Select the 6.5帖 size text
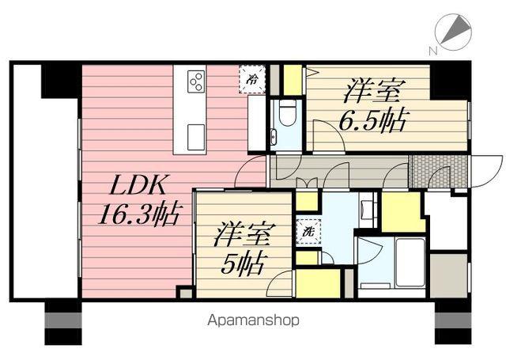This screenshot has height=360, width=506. click(375, 121)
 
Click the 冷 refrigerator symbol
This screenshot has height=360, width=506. click(252, 79)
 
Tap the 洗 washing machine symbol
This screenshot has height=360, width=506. click(306, 232)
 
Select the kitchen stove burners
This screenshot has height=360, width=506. click(196, 80)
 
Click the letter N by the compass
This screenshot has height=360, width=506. click(432, 51)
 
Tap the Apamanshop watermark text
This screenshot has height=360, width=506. click(254, 321)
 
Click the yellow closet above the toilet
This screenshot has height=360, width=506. click(292, 80)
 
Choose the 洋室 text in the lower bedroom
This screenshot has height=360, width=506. click(244, 235)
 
